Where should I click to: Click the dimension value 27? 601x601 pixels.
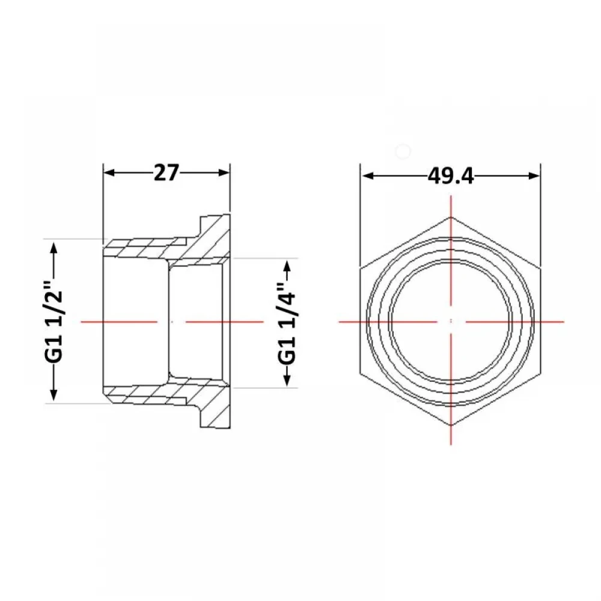coord(166,172)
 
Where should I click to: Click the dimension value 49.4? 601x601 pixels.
coord(451,176)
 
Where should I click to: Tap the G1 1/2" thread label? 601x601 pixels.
coord(53,322)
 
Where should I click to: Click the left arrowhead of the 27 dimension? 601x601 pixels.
coord(109,172)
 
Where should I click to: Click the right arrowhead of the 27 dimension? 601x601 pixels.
coord(224,172)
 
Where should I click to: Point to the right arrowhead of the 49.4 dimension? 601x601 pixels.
coord(534,176)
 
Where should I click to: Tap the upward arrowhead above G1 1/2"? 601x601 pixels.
coord(53,248)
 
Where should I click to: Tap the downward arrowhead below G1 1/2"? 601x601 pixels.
coord(53,395)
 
